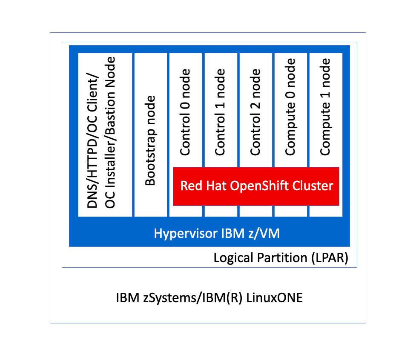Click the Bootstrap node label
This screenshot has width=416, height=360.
(150, 140)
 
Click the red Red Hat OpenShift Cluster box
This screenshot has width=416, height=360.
(256, 186)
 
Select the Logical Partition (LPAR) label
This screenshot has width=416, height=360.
(281, 258)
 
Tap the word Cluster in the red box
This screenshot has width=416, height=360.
(314, 186)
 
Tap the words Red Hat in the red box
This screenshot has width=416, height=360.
(201, 186)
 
